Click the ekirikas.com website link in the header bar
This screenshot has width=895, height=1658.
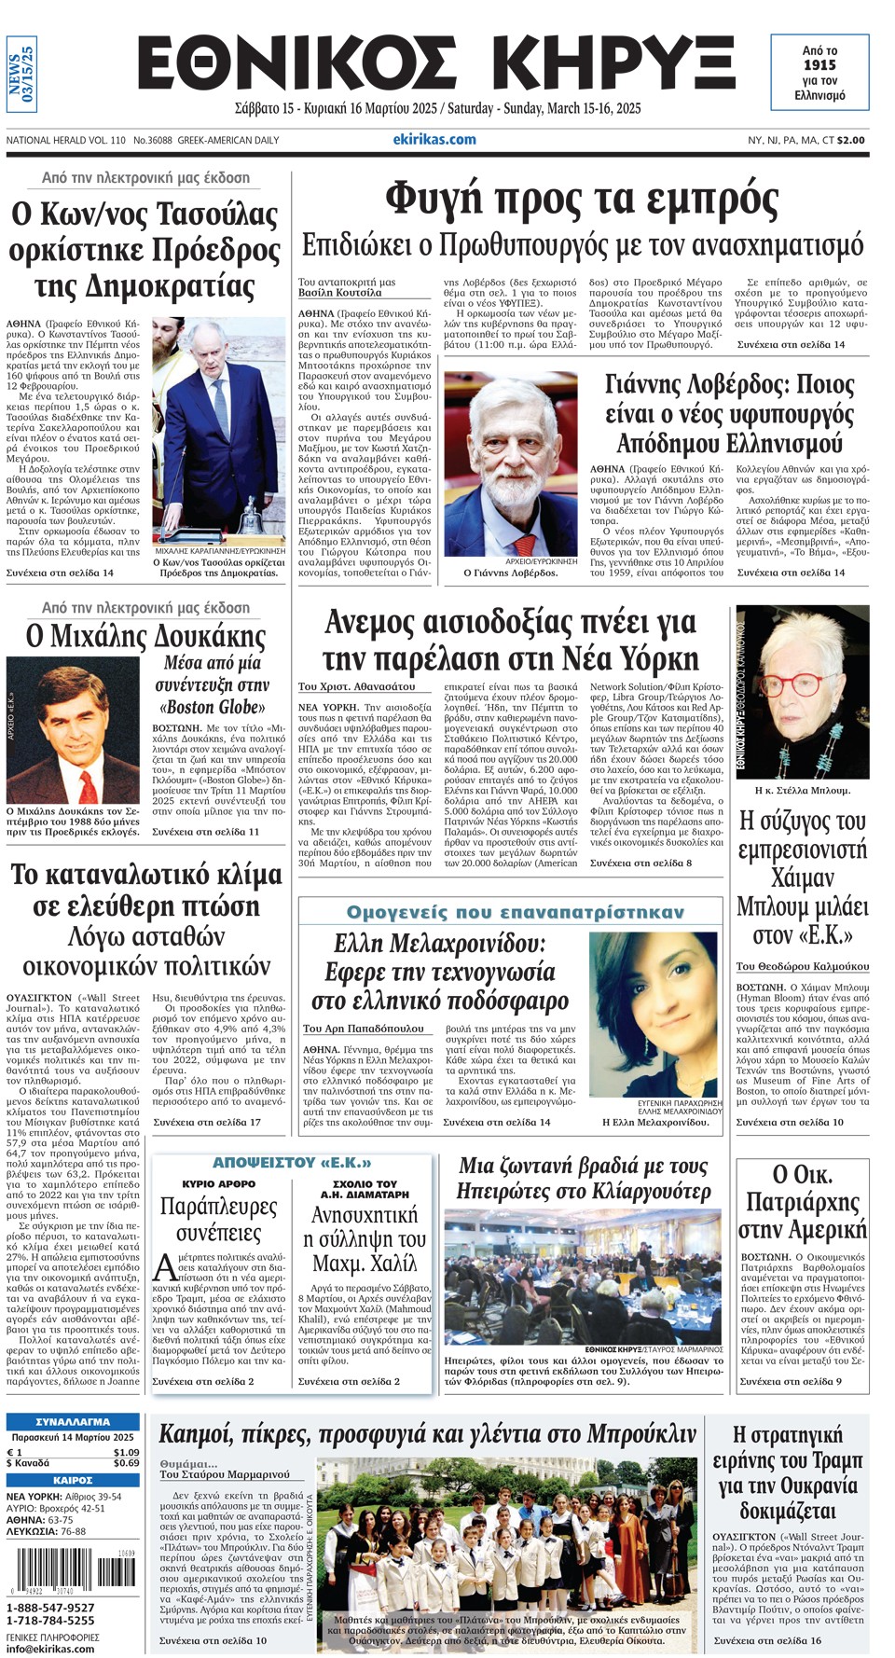pyautogui.click(x=434, y=140)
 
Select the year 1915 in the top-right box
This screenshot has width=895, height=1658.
pyautogui.click(x=819, y=65)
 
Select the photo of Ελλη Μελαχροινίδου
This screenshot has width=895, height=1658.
pyautogui.click(x=654, y=1015)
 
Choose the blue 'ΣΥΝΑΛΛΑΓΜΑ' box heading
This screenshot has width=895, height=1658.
pyautogui.click(x=73, y=1422)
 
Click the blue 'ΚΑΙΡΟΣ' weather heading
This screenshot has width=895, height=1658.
pyautogui.click(x=73, y=1480)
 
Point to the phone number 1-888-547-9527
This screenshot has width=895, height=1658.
pyautogui.click(x=50, y=1608)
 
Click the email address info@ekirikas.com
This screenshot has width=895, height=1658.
pyautogui.click(x=50, y=1649)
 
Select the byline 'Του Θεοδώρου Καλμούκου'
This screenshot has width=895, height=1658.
pyautogui.click(x=802, y=966)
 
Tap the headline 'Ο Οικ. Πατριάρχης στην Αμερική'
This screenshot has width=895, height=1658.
pyautogui.click(x=802, y=1201)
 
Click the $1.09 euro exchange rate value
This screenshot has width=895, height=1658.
pyautogui.click(x=126, y=1452)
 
